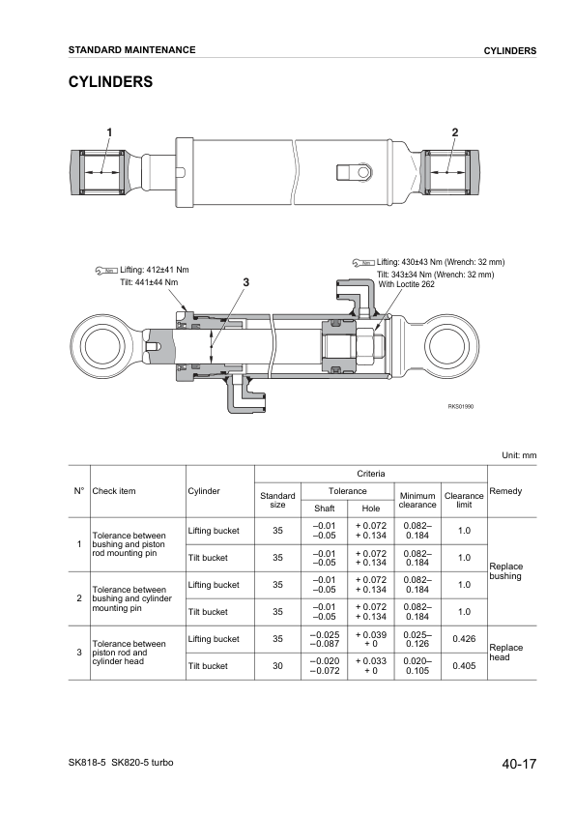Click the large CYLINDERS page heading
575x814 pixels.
(110, 82)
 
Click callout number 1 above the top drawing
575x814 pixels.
(109, 132)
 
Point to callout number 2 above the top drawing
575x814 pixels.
(454, 132)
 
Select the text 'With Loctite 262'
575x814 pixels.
(406, 284)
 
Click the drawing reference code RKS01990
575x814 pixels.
(460, 407)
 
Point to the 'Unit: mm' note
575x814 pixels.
(518, 454)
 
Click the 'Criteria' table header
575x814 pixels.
(371, 473)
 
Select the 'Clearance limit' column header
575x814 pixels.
(463, 499)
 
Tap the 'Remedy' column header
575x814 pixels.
(505, 491)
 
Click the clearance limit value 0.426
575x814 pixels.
(463, 638)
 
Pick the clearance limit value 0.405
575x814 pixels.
(463, 666)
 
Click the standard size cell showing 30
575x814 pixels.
(277, 666)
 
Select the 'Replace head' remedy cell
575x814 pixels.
(506, 653)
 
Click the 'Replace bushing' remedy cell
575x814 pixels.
(506, 571)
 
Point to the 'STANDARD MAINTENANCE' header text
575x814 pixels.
(131, 49)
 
